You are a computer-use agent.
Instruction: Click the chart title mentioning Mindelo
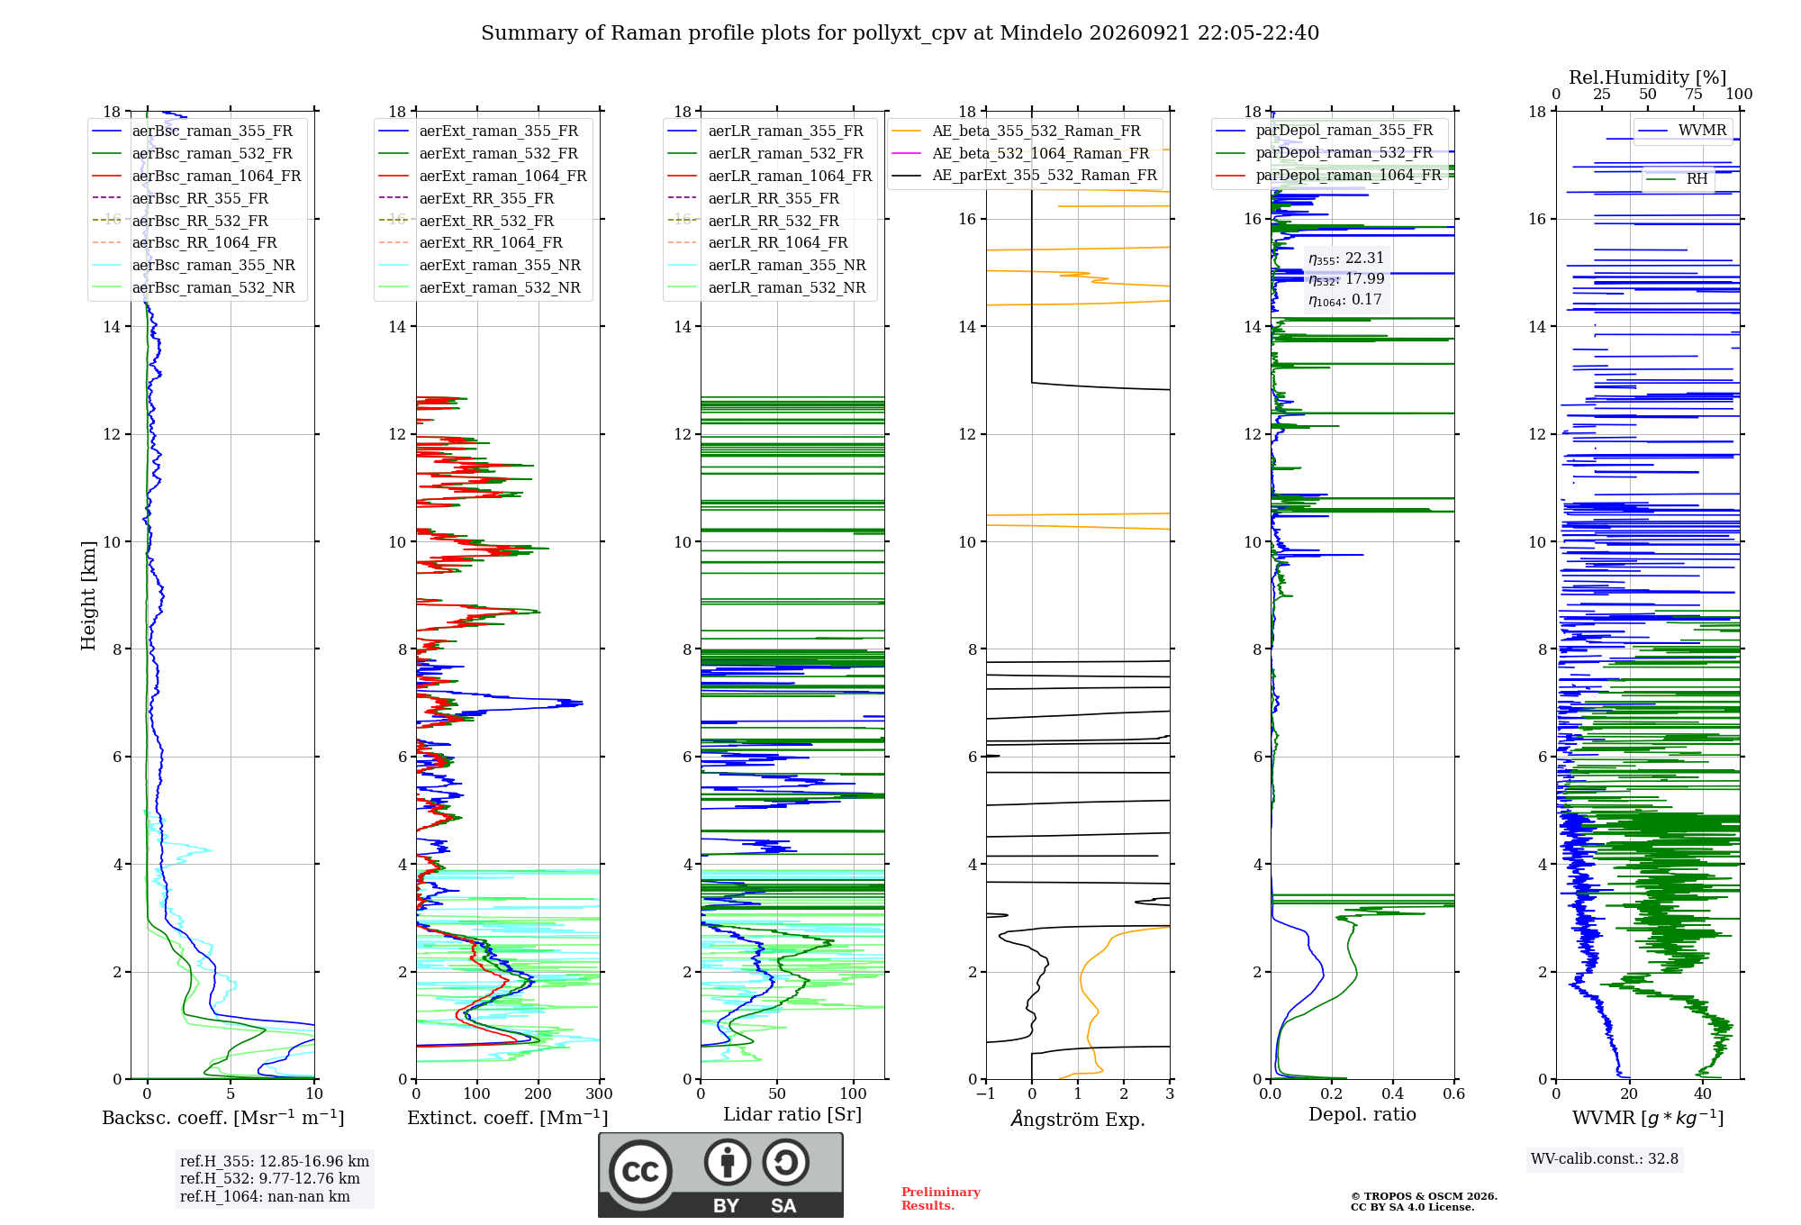tap(900, 33)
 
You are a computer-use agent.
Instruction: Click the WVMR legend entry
tap(1682, 131)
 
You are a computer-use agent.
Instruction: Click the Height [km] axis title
tap(88, 594)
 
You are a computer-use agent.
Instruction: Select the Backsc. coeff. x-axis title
tap(223, 1117)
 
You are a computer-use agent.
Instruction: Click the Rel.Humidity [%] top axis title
tap(1648, 77)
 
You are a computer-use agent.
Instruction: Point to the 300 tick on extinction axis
tap(600, 1093)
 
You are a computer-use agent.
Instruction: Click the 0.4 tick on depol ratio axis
tap(1393, 1093)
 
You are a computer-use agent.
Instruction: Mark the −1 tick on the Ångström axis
tap(986, 1093)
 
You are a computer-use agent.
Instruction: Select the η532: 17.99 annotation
tap(1346, 279)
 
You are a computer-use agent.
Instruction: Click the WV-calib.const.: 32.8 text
tap(1605, 1158)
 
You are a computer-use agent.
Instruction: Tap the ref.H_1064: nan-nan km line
tap(265, 1196)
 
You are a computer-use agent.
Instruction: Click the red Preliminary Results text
tap(941, 1198)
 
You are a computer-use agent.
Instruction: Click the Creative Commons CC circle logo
tap(640, 1172)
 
